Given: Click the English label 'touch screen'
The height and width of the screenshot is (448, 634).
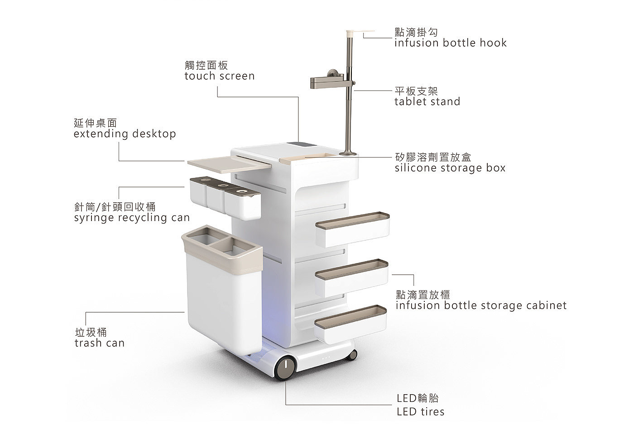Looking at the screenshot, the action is (x=219, y=76).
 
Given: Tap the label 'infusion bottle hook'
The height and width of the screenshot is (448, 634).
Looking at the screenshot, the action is (x=450, y=43).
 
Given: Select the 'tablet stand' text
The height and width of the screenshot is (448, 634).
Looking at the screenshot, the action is (x=427, y=101).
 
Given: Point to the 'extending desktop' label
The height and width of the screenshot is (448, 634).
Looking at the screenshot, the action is (x=125, y=134).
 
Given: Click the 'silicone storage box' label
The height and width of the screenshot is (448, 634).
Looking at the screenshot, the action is (x=450, y=168).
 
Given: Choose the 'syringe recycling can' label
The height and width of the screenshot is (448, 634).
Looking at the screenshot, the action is (x=132, y=218).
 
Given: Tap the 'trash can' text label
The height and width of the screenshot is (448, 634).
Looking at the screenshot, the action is (x=100, y=343).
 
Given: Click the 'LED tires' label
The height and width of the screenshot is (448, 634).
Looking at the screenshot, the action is (x=421, y=412).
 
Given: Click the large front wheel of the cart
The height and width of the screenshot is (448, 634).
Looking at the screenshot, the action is (x=285, y=367).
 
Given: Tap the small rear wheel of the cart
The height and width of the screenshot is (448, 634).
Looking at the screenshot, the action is (x=352, y=355).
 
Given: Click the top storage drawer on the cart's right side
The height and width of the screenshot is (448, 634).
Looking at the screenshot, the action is (x=353, y=229).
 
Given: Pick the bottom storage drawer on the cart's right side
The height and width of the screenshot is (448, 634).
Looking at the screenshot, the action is (x=351, y=324).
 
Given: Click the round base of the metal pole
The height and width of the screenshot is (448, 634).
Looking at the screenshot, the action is (x=348, y=153).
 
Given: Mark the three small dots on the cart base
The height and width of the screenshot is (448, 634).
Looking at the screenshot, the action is (x=326, y=358).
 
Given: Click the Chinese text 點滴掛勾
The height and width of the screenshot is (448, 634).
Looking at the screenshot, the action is (x=416, y=32).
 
